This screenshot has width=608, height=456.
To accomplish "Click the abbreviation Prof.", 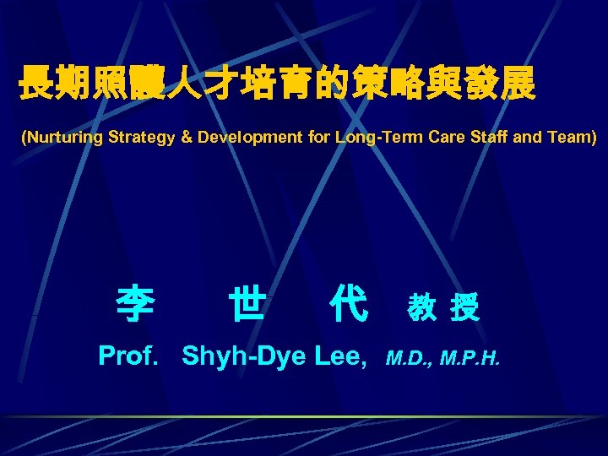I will pos(129,356).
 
